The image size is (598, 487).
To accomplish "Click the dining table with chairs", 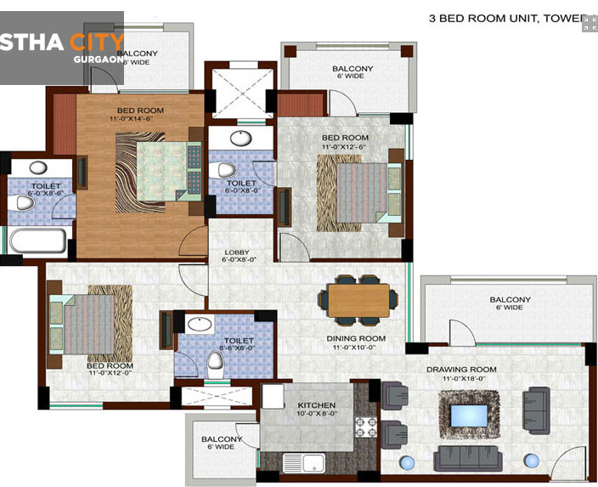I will click(357, 299).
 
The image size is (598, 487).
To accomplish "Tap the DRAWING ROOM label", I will click(461, 369).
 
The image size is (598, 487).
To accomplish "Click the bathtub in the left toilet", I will click(37, 241).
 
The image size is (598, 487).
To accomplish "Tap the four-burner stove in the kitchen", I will click(364, 426).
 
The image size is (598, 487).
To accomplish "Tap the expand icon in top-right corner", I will click(589, 23).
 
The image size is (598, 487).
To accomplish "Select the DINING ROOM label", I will click(356, 338).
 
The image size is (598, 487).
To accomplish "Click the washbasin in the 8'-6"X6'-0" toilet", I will click(200, 324).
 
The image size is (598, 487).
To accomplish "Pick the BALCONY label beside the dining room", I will click(510, 299).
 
